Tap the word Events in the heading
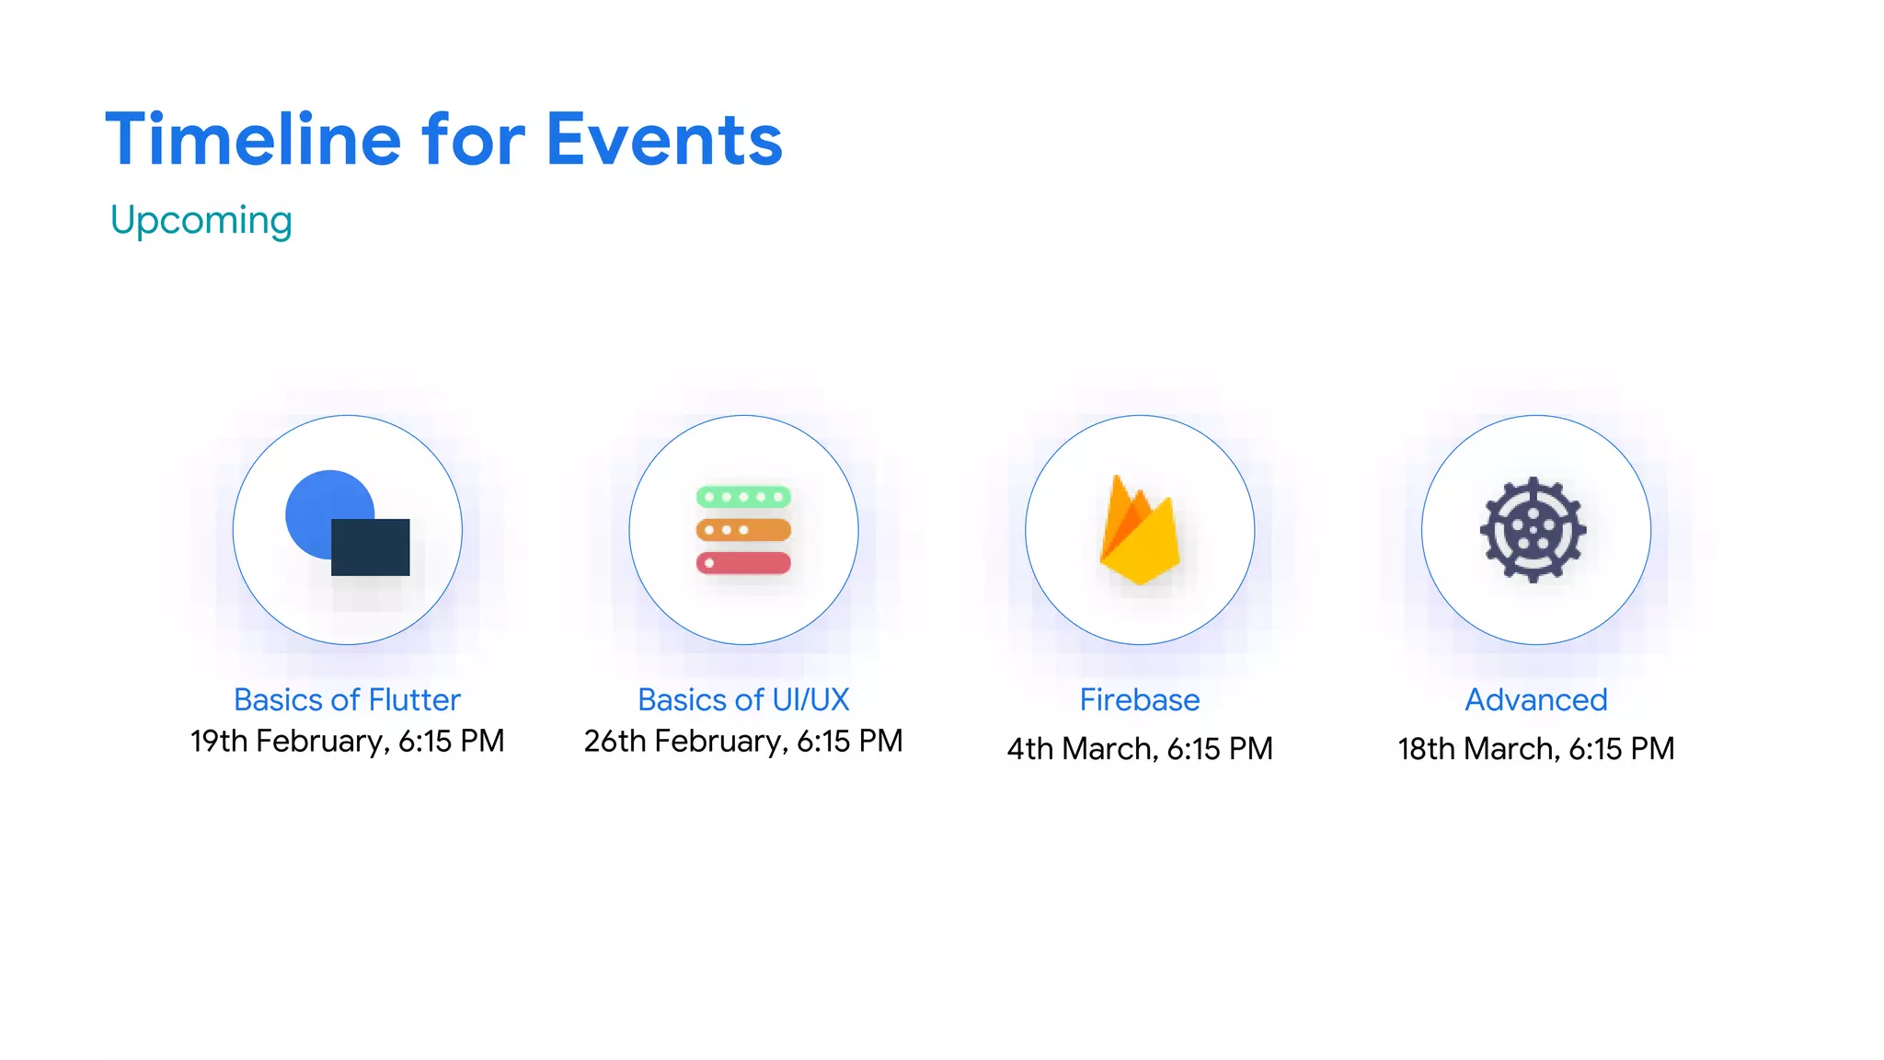[663, 140]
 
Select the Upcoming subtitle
[201, 221]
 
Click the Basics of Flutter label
[347, 700]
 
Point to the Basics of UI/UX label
[743, 700]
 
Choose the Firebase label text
[1140, 700]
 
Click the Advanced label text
[1536, 700]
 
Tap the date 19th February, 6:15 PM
[347, 742]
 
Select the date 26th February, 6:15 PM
[743, 742]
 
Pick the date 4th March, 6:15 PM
[1140, 749]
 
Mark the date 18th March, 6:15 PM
[1536, 749]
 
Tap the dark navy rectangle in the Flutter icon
[371, 547]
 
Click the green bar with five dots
[743, 497]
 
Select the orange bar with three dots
[743, 530]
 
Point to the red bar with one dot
[743, 563]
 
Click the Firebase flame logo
[1139, 534]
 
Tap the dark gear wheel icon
[1533, 529]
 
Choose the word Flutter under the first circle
[414, 700]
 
